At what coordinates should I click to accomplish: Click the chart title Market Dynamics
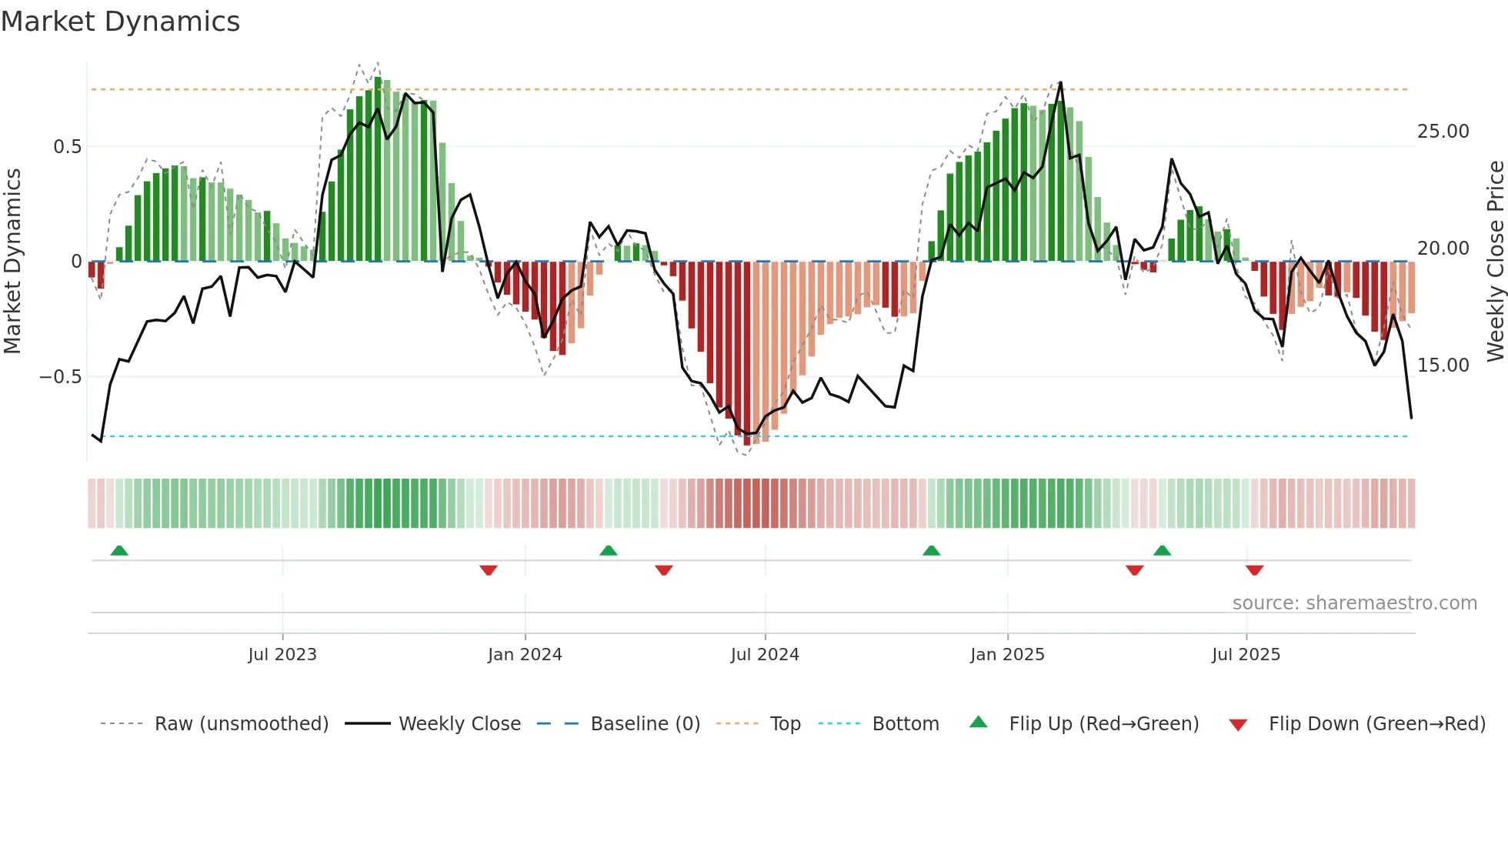point(121,22)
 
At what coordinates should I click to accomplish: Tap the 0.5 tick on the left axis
point(67,147)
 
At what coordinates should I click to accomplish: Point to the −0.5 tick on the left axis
point(61,377)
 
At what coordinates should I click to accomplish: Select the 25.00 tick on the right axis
point(1443,132)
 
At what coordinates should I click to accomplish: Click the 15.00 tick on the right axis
point(1443,366)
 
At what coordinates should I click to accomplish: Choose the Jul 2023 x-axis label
point(282,655)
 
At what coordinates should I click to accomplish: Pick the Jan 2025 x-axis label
point(1007,655)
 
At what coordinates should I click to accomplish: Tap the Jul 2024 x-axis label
point(765,655)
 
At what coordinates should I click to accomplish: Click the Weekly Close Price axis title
point(1495,261)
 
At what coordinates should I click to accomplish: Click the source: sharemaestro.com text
point(1354,603)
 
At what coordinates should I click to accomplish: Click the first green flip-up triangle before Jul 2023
point(119,551)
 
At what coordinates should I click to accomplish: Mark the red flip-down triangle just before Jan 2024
point(489,570)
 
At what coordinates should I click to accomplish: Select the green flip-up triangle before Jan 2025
point(932,551)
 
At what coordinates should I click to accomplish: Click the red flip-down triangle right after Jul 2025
point(1255,570)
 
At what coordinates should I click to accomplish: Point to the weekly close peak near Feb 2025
point(1061,82)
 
